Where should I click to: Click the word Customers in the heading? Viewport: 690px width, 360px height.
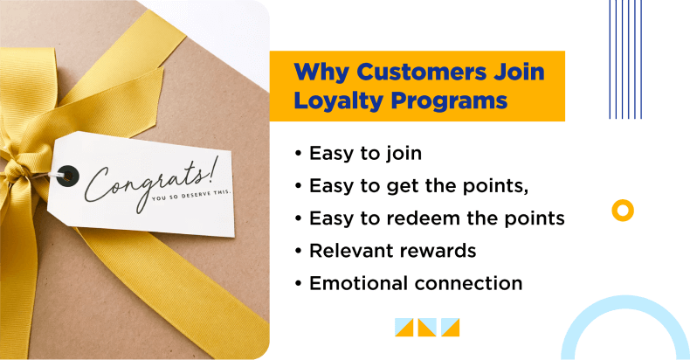[x=421, y=72]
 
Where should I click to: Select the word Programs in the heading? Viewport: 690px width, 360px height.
[x=449, y=101]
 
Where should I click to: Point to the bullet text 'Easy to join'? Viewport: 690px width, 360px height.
[x=365, y=154]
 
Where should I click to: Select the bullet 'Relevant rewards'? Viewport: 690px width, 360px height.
[x=392, y=251]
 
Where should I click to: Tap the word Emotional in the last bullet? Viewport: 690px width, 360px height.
[x=359, y=283]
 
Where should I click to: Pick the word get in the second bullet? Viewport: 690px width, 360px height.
[x=398, y=187]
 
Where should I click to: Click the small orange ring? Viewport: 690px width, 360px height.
[x=623, y=211]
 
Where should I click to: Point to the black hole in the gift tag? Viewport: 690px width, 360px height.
[x=68, y=176]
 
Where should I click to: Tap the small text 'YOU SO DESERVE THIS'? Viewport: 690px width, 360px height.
[x=191, y=195]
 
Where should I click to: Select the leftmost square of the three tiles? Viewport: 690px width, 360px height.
[x=404, y=328]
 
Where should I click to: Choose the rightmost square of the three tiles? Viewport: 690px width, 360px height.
[x=450, y=328]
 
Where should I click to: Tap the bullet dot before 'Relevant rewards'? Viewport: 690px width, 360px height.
[x=299, y=251]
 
